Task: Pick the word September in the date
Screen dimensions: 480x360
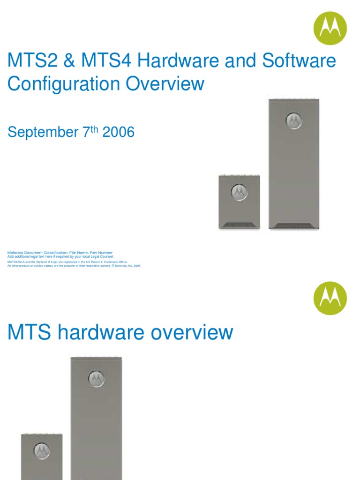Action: pos(41,133)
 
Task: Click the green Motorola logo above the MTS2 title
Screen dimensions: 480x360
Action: pos(330,28)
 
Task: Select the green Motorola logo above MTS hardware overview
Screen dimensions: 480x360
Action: pos(330,298)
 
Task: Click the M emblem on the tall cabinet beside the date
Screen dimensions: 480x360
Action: pos(294,120)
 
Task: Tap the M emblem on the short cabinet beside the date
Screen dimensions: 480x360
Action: pos(239,192)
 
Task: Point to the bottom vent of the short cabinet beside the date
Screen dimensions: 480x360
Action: pos(239,224)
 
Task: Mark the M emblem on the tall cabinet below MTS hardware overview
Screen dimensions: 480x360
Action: pos(97,378)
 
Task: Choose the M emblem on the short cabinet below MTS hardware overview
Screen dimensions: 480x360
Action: pos(41,451)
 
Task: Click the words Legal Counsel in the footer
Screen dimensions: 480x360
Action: pos(103,257)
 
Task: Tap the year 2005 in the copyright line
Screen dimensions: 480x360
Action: pos(136,266)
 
